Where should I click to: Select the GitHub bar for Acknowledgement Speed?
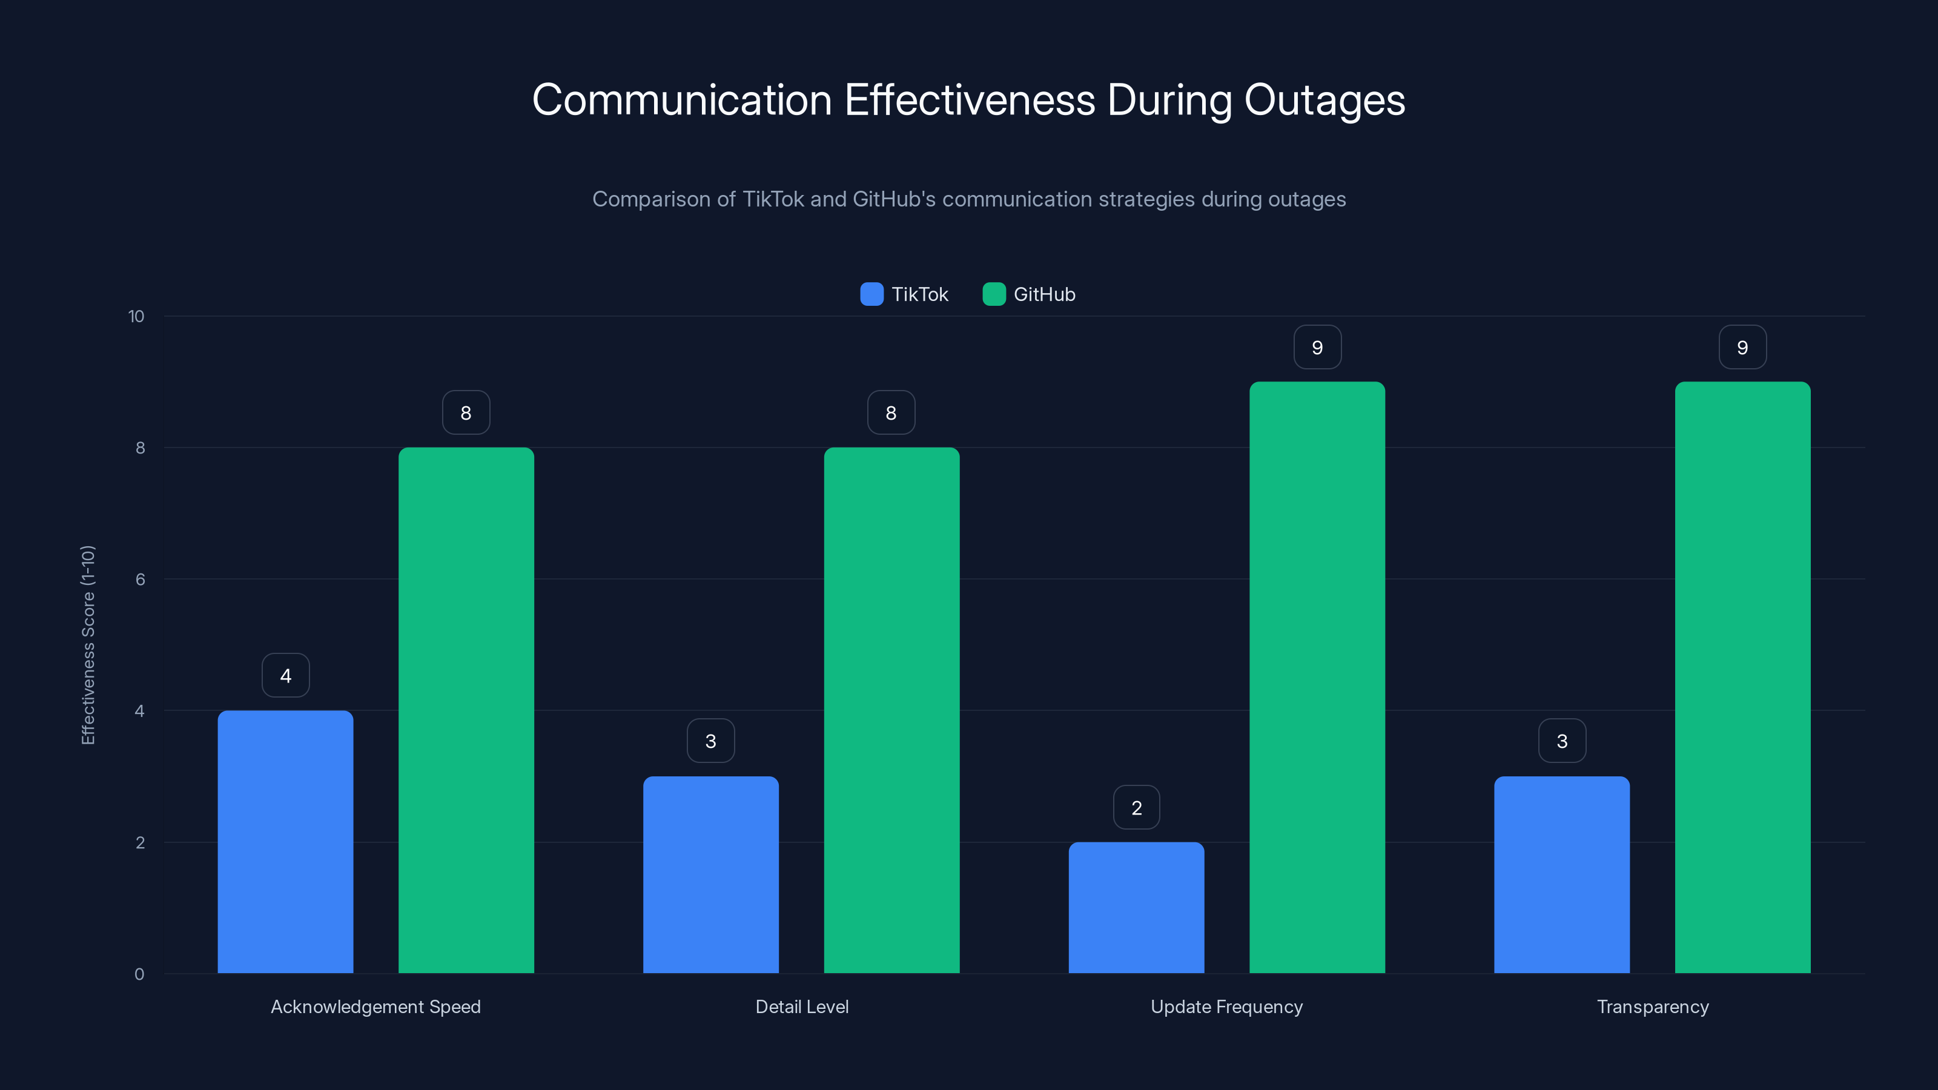click(466, 710)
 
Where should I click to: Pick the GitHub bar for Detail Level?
click(891, 710)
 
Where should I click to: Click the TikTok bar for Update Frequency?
click(1136, 907)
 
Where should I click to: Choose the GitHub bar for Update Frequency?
click(1317, 677)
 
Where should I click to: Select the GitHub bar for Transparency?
click(1742, 677)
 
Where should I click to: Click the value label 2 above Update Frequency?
click(1136, 807)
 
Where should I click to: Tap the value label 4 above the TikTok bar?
click(285, 676)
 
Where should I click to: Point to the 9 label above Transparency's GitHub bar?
click(1742, 347)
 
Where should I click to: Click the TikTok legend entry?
click(904, 294)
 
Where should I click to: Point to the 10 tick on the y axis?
click(136, 316)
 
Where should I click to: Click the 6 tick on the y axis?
click(140, 580)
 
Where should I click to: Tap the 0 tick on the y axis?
click(139, 974)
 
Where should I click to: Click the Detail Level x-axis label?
click(801, 1006)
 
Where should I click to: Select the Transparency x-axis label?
click(1652, 1006)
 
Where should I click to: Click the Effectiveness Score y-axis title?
click(88, 645)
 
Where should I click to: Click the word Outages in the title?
click(1324, 100)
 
